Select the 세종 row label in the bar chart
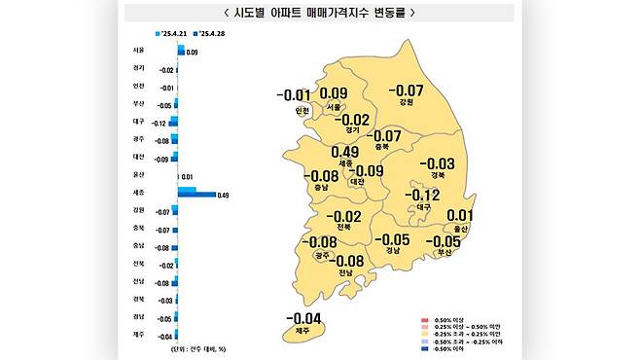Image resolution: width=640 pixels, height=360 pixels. coord(138,193)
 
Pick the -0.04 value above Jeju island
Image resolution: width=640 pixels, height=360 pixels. coord(303,317)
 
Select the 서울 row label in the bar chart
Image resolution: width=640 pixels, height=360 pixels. coord(138,50)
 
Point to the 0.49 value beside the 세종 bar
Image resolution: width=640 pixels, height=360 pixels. coord(223,197)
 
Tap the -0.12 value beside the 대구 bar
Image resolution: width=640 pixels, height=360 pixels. coord(159,123)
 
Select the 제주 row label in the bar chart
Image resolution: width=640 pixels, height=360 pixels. coord(138,336)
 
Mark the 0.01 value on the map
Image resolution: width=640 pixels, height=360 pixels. coord(459,216)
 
